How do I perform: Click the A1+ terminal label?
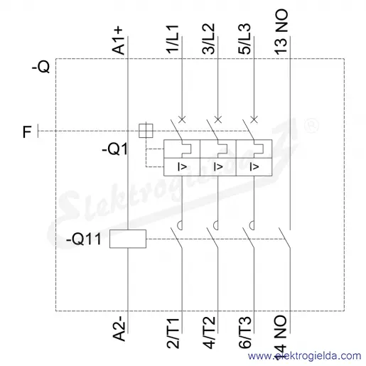coord(119,41)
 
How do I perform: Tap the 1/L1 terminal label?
coord(173,38)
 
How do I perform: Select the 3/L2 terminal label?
coord(209,38)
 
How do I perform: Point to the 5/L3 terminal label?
coord(244,38)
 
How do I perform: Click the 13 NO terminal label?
coord(281,31)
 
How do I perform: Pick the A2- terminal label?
coord(119,328)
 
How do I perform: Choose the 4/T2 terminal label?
coord(209,333)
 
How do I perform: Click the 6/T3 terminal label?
coord(244,333)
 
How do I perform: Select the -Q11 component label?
coord(84,239)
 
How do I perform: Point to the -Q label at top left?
coord(41,67)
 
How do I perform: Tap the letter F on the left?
coord(27,132)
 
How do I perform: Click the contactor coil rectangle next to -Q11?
coord(128,239)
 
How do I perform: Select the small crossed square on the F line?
coord(146,131)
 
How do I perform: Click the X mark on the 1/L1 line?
coord(182,119)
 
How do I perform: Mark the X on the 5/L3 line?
coord(254,119)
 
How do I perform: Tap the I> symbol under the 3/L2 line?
coord(218,167)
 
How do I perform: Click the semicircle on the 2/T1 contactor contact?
coord(180,225)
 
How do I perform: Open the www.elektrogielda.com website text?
coord(304,355)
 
